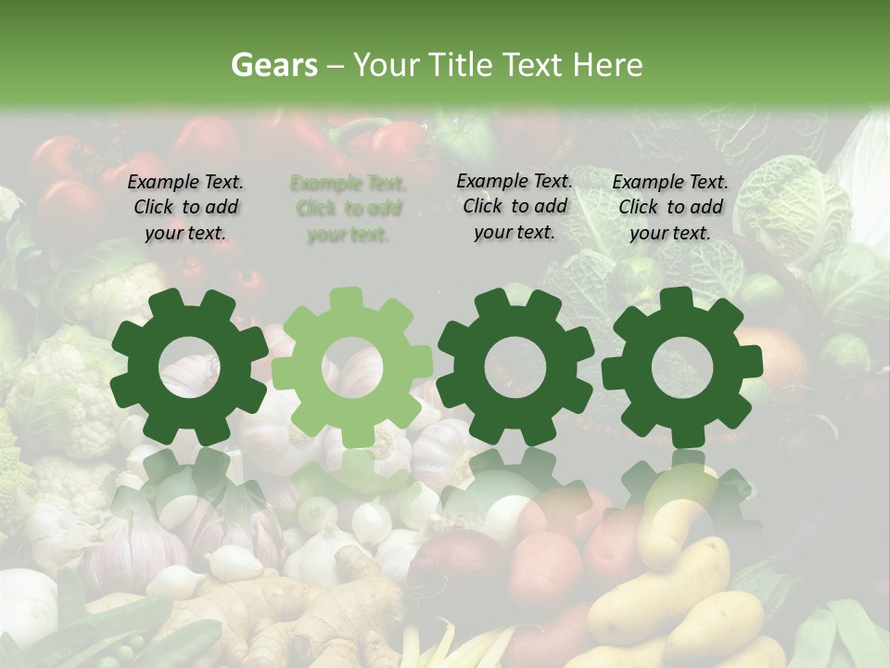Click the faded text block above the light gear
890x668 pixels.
coord(348,209)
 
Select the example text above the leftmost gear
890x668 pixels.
coord(185,207)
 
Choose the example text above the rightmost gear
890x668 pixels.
coord(670,207)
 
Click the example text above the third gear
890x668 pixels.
coord(515,206)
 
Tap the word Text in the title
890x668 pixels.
coord(535,65)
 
